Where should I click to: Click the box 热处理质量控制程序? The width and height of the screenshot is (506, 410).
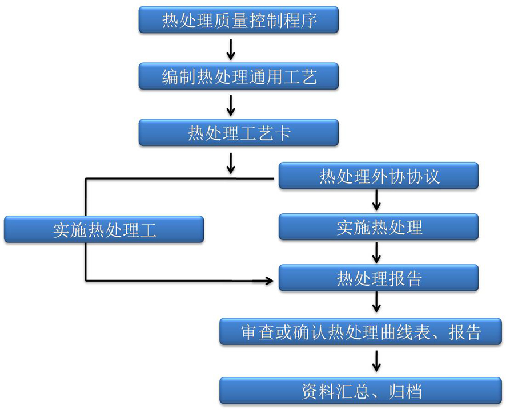[x=239, y=21]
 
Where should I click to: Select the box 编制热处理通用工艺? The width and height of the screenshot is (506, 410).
[x=239, y=76]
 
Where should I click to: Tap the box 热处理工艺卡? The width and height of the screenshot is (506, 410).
[x=239, y=133]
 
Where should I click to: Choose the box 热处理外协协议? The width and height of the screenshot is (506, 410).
[x=379, y=177]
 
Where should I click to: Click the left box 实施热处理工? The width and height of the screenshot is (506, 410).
[x=104, y=230]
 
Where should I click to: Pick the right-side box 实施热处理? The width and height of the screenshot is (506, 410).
[x=379, y=228]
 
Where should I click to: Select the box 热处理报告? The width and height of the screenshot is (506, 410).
[x=379, y=278]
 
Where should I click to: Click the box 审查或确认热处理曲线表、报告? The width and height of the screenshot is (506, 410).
[x=360, y=332]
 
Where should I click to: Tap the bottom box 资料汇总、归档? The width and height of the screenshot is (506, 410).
[x=360, y=391]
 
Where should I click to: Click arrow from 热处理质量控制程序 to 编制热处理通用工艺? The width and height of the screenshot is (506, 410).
[x=231, y=49]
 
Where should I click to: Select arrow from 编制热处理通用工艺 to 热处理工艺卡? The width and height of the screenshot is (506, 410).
[x=231, y=105]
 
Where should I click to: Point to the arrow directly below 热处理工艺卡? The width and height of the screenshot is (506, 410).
[x=231, y=163]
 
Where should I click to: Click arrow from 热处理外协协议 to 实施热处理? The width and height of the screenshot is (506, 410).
[x=376, y=201]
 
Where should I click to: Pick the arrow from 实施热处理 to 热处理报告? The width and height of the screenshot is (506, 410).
[x=376, y=251]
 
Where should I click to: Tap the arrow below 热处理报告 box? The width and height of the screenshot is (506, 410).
[x=376, y=302]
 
